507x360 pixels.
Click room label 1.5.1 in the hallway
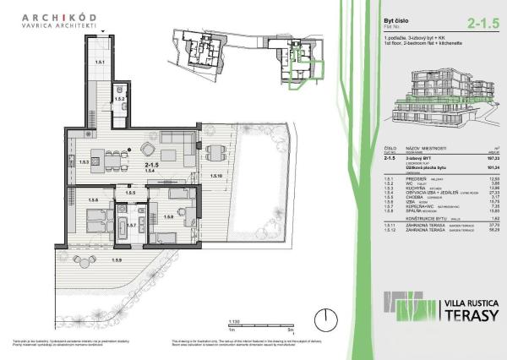[99, 63]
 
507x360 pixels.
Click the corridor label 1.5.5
[130, 194]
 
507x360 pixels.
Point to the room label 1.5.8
[168, 218]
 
